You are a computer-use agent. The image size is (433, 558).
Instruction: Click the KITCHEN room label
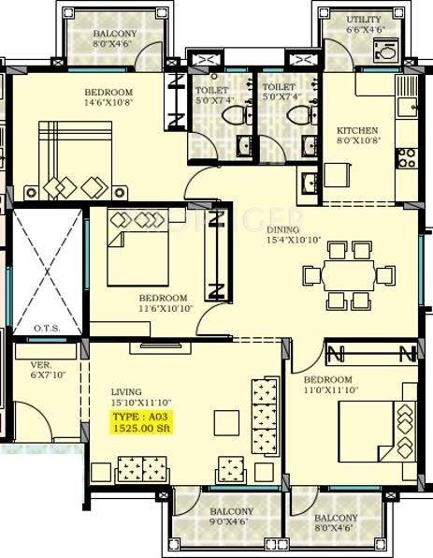coord(357,130)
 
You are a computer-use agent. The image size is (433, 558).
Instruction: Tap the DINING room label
coord(283,229)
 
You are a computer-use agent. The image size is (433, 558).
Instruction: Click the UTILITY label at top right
coord(363,19)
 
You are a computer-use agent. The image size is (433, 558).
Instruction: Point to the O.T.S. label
coord(47,329)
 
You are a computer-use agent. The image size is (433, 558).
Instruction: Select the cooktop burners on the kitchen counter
coord(407,157)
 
